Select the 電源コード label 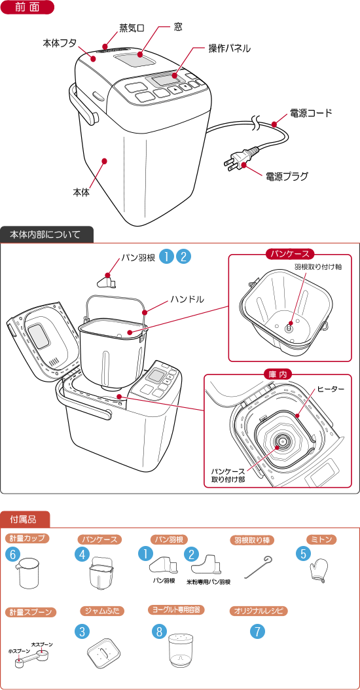tap(311, 113)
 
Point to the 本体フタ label tap(60, 43)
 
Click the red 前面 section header tap(27, 8)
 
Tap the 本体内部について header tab tap(46, 234)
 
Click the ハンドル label tap(187, 299)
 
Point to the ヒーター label tap(331, 389)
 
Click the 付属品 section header tap(23, 519)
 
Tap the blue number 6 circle tap(12, 554)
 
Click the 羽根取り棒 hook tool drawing tap(257, 567)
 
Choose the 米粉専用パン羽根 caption tap(208, 581)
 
